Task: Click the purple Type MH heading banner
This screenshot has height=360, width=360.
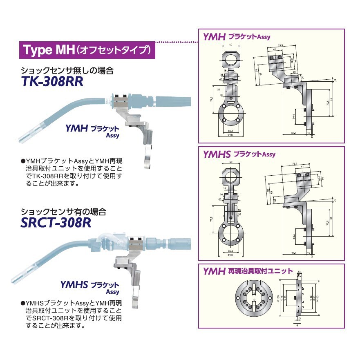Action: pyautogui.click(x=87, y=51)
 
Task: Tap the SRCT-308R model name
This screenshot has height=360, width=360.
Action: pyautogui.click(x=56, y=223)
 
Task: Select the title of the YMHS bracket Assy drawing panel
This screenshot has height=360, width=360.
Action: pyautogui.click(x=239, y=154)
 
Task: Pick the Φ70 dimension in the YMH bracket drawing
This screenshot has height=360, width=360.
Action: pyautogui.click(x=231, y=134)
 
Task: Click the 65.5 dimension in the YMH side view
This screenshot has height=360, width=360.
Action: pyautogui.click(x=294, y=133)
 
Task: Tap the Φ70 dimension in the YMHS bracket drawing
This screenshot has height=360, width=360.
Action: pyautogui.click(x=231, y=255)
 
